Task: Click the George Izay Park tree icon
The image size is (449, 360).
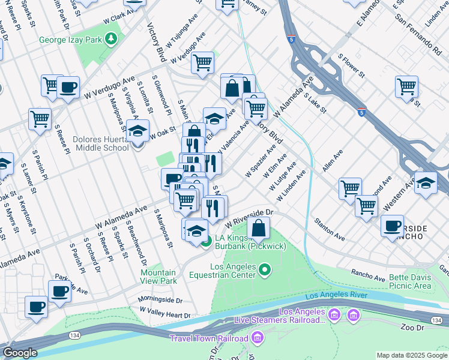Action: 110,40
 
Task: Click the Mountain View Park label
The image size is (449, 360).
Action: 158,276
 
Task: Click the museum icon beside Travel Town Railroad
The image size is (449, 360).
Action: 258,338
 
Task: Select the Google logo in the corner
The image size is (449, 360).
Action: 20,353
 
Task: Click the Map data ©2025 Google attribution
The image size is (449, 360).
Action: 412,355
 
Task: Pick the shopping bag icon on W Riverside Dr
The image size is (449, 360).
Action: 258,229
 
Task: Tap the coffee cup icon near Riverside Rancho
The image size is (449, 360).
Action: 392,226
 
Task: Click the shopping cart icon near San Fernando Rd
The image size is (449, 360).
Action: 406,86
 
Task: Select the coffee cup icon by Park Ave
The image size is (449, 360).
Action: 59,292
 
